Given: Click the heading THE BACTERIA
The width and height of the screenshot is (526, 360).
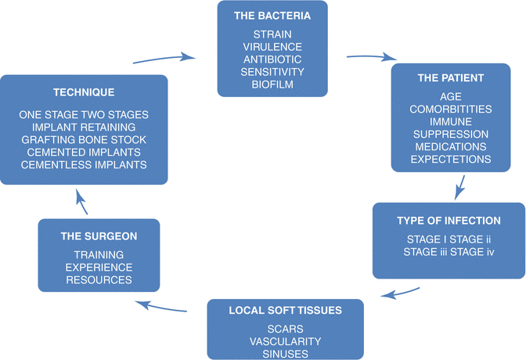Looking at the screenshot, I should click(272, 16).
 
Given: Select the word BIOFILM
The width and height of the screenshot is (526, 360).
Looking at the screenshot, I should click(272, 83).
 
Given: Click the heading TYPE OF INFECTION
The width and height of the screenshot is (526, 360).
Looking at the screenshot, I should click(449, 220).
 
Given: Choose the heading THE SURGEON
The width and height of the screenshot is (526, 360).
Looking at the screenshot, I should click(99, 235).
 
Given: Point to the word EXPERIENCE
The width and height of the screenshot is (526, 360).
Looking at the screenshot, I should click(98, 267).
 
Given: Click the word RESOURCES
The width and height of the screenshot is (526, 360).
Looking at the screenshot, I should click(98, 279).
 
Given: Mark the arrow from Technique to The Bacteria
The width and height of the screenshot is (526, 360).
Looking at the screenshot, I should click(164, 59).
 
